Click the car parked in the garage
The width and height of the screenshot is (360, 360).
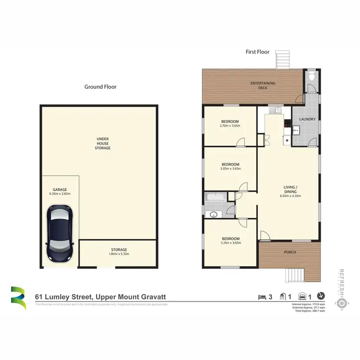60,233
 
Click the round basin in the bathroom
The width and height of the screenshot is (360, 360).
212,215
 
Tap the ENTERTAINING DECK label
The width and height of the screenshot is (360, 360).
263,85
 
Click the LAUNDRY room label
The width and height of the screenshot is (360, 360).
307,119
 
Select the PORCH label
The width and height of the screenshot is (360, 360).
290,252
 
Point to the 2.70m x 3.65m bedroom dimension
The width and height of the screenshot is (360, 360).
230,126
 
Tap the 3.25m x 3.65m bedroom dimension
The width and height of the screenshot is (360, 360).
230,243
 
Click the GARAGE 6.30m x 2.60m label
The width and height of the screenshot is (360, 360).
60,192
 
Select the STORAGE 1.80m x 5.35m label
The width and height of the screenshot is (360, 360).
119,252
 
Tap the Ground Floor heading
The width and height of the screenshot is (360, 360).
100,87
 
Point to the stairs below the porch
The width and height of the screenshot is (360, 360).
293,275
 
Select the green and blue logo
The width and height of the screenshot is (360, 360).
19,298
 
